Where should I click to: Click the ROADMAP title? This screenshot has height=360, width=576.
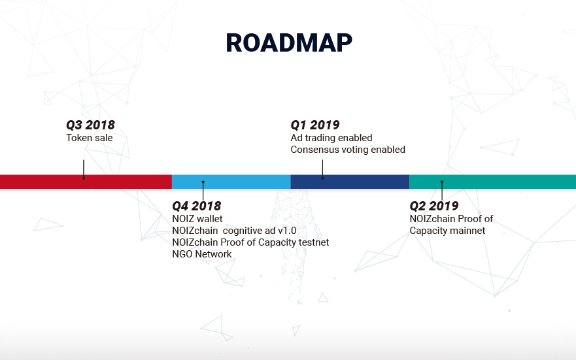[289, 43]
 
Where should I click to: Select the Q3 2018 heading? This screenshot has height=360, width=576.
[90, 125]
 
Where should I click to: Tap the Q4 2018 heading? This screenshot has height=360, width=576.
[197, 206]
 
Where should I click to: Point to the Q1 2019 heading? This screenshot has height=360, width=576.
[315, 125]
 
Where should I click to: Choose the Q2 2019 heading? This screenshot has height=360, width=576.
[434, 206]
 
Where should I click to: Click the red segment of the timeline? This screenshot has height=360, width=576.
[86, 182]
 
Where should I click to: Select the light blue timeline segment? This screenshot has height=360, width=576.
[231, 182]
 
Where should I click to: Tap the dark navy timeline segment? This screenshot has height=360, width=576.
[350, 182]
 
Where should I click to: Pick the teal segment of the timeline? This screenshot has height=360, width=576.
[492, 182]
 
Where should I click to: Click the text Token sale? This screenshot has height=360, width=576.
[90, 138]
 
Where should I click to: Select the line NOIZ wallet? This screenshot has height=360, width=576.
[197, 219]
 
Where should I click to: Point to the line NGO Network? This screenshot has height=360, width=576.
[201, 254]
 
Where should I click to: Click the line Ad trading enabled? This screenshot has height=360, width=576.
[331, 138]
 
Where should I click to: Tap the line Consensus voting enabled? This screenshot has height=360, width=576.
[348, 150]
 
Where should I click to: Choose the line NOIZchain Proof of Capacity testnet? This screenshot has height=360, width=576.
[250, 242]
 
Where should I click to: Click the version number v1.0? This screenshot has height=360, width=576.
[287, 231]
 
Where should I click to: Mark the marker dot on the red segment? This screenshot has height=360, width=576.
[84, 178]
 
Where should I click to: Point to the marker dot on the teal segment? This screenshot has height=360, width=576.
[442, 182]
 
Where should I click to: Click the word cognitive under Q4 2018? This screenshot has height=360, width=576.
[245, 231]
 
